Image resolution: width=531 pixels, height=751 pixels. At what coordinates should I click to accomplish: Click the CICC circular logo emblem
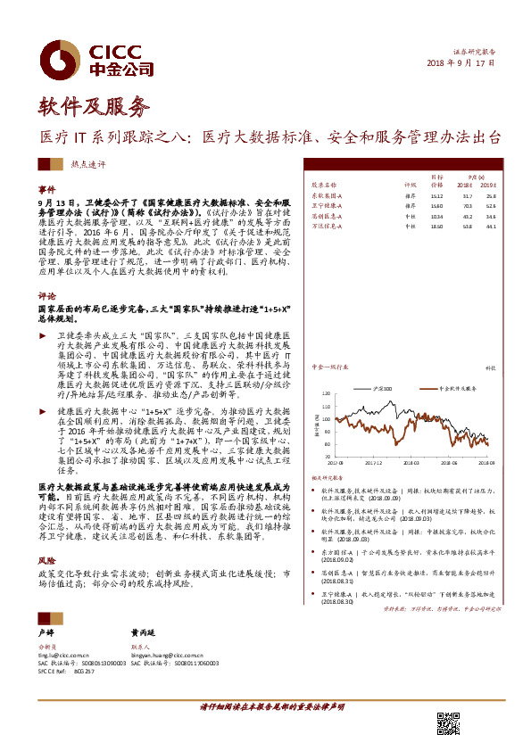pyautogui.click(x=61, y=59)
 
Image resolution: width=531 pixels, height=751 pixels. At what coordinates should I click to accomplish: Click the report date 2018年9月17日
pyautogui.click(x=460, y=64)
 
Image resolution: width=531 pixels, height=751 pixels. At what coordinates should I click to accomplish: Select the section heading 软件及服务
pyautogui.click(x=94, y=109)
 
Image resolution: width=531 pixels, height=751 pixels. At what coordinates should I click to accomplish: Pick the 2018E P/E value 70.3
pyautogui.click(x=467, y=205)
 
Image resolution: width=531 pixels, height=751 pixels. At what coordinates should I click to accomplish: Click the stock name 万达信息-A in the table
pyautogui.click(x=331, y=227)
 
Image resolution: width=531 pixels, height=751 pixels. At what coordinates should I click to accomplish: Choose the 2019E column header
pyautogui.click(x=489, y=185)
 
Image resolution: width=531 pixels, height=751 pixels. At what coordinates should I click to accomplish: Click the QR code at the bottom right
pyautogui.click(x=448, y=723)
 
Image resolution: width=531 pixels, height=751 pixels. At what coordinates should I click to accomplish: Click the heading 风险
pyautogui.click(x=47, y=560)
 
